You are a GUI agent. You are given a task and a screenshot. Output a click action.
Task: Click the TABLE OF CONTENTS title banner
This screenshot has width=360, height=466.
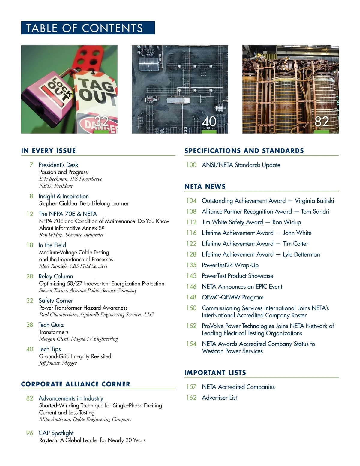[88, 28]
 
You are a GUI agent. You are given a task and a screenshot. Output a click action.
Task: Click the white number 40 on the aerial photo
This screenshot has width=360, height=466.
[209, 122]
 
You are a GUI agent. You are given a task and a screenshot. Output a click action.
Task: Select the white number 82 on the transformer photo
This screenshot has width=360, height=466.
[322, 122]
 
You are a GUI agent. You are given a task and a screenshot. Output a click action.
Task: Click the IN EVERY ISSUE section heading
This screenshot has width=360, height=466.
[49, 151]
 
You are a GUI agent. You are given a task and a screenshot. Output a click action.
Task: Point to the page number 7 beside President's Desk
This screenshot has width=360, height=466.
[31, 165]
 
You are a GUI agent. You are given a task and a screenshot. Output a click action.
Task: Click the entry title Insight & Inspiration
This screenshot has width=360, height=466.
[64, 196]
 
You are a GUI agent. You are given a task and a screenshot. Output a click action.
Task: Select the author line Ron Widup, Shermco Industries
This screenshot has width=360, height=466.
[71, 235]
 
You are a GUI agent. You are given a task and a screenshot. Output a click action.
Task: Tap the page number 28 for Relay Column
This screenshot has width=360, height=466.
[30, 276]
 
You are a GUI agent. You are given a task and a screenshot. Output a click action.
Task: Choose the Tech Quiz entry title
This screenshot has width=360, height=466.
[51, 325]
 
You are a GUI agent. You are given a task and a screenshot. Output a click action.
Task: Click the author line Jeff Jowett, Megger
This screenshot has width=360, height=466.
[58, 363]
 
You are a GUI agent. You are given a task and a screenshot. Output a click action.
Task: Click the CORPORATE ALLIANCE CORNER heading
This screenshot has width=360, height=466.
[76, 384]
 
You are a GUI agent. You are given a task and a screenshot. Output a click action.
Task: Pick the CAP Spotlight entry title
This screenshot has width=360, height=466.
[56, 433]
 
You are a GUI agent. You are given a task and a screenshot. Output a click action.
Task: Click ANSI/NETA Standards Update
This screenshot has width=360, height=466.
[241, 165]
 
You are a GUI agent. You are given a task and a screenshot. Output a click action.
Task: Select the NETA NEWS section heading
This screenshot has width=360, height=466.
[205, 186]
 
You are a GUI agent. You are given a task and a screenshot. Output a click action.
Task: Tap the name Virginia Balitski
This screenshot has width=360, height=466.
[314, 201]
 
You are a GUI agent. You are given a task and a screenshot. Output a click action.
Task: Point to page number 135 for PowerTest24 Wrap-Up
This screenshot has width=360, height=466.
[191, 265]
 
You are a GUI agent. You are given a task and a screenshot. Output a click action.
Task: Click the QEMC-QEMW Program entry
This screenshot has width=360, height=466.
[232, 297]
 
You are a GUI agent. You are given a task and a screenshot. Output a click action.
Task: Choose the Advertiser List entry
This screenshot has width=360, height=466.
[219, 398]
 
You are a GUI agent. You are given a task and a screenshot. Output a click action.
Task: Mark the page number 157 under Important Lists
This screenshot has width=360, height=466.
[191, 387]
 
